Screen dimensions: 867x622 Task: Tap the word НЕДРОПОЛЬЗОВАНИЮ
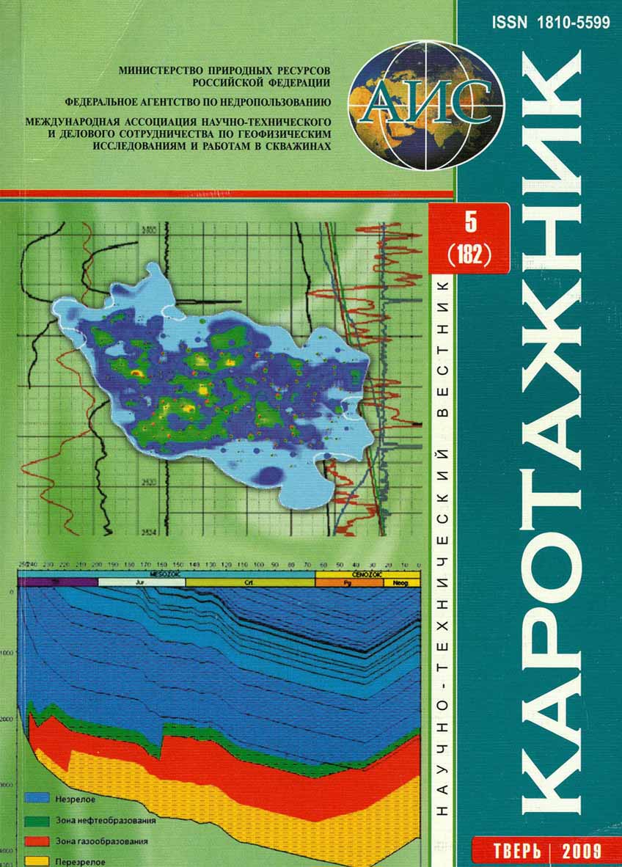point(280,102)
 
